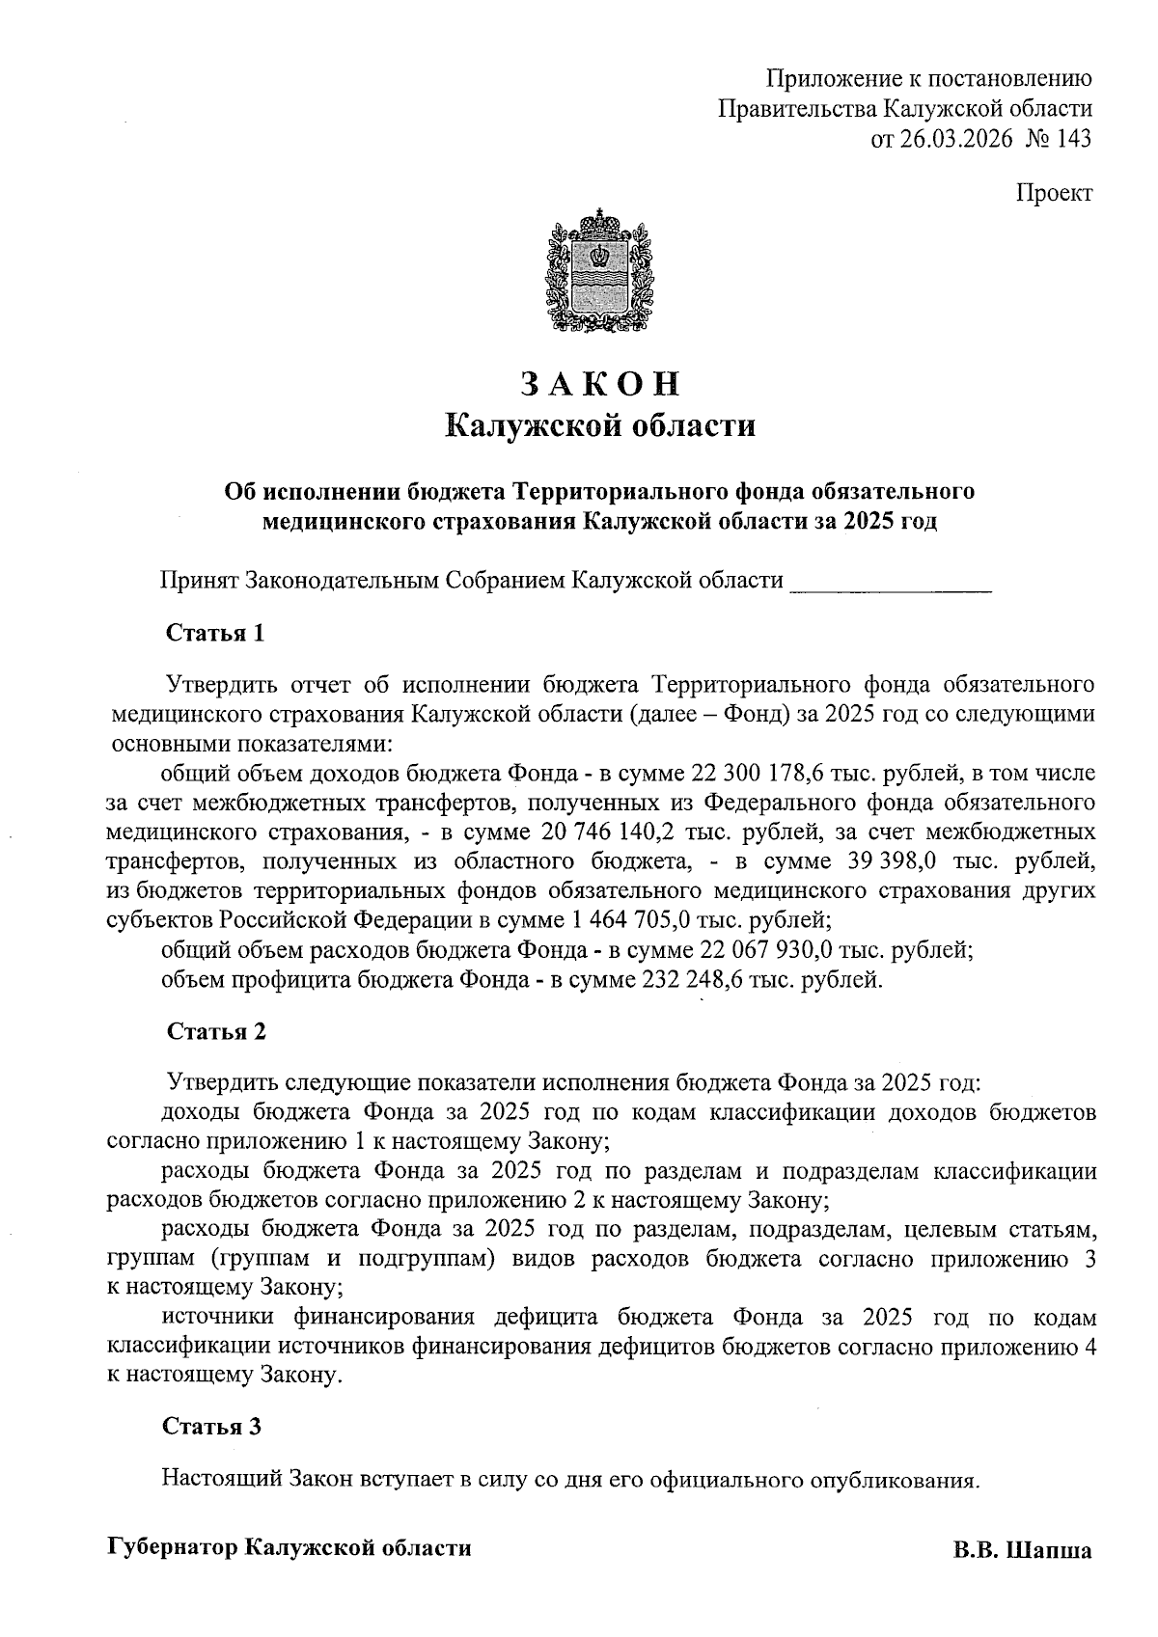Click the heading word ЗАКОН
(x=600, y=384)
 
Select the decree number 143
(x=1074, y=139)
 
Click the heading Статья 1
(x=215, y=634)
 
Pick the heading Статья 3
(x=212, y=1427)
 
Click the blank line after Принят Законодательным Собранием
(x=891, y=582)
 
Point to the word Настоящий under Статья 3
(x=220, y=1479)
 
